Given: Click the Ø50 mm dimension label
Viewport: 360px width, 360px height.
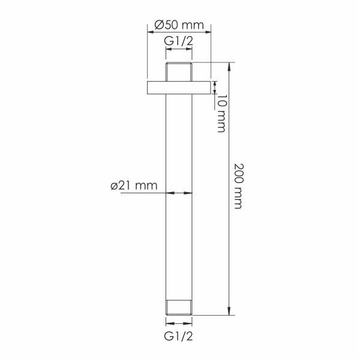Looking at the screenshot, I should point(179,25).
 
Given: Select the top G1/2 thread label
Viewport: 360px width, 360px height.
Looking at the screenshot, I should point(179,41).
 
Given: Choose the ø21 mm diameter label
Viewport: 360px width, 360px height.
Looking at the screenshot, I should point(133,185).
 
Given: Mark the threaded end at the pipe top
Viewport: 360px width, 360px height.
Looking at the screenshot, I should point(179,71).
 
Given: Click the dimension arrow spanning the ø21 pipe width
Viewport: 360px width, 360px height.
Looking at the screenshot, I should point(179,193).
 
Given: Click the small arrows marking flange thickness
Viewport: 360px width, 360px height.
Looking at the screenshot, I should point(215,88).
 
